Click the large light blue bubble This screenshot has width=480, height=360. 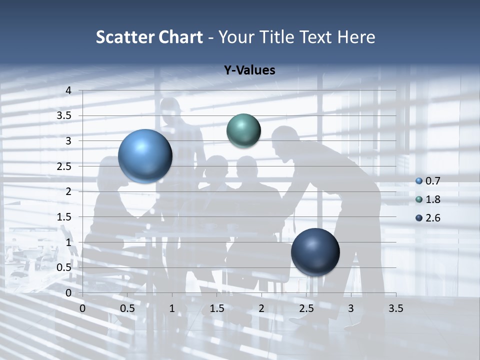pos(145,156)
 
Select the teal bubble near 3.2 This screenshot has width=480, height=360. pos(243,130)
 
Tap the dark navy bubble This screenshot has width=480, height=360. pos(315,252)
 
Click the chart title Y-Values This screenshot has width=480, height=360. pos(249,70)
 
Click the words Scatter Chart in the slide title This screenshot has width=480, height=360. pos(149,37)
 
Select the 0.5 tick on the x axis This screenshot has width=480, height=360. pos(127,308)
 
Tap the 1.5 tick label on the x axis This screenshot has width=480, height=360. pos(216,308)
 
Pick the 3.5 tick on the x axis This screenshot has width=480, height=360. pos(395,308)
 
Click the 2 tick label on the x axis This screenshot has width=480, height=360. pos(261,308)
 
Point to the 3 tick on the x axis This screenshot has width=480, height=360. pos(351,308)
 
